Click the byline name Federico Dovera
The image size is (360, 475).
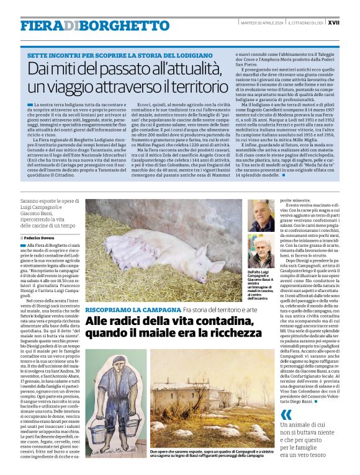[42, 238]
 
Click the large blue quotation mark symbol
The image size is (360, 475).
[286, 415]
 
